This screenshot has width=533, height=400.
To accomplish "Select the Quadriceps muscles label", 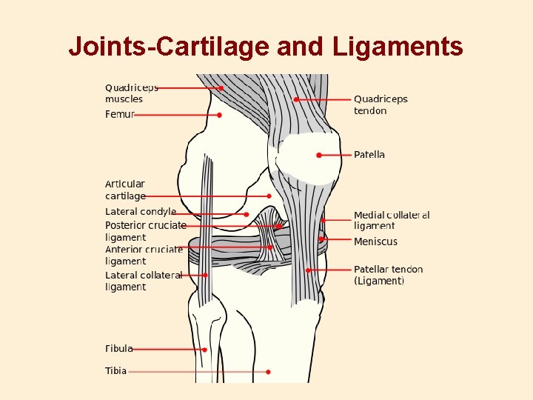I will pos(132,93).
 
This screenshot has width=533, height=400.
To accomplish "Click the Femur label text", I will pos(120,115).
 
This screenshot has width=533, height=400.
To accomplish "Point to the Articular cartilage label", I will pos(125,190).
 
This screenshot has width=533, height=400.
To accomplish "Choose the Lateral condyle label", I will pos(141,212).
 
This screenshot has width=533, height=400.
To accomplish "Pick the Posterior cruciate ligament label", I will pos(145,231).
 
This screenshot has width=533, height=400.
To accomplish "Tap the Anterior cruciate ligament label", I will pos(144,256).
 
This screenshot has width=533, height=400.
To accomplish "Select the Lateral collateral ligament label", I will pos(144,281).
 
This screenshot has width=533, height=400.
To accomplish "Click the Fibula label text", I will pos(119,348).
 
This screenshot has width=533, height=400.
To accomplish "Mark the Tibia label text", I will pos(116,371).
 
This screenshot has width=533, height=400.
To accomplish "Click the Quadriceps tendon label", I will pos(381,104).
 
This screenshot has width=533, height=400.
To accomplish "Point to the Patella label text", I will pos(369,155).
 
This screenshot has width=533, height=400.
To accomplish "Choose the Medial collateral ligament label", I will pos(391,220).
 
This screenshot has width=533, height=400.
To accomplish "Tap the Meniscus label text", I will pos(375,241).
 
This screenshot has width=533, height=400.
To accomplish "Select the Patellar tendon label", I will pos(388,275).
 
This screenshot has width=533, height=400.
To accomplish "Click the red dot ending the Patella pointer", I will pos(319,156).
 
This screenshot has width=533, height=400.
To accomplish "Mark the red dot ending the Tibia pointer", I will pos(268,372).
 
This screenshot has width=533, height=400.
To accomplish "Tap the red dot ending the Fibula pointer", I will pos(205,350).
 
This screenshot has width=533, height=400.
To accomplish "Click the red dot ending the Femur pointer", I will pos(220,116).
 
